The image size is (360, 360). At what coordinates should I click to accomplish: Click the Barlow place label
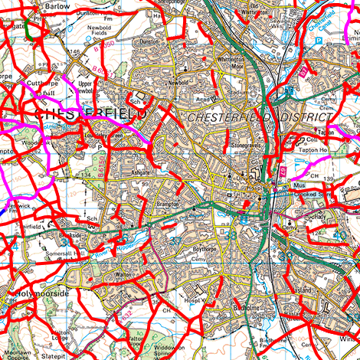coord(57,5)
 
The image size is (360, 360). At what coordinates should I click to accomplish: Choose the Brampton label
coord(165,205)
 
